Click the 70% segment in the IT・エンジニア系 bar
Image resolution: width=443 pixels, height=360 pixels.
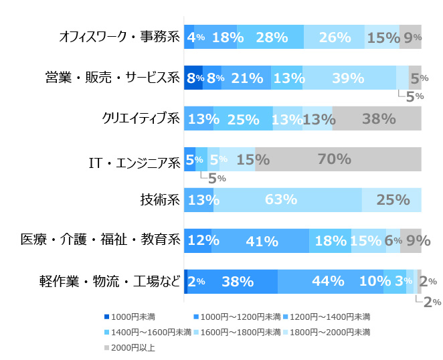tap(338, 159)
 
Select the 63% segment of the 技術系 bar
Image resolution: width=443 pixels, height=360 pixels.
tap(288, 199)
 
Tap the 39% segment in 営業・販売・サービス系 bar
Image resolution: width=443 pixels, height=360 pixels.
tap(349, 78)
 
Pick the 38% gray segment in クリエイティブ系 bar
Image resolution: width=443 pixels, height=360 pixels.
tap(377, 118)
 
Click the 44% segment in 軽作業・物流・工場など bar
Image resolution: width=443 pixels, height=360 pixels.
tap(331, 281)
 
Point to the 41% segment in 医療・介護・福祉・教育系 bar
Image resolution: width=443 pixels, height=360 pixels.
tap(260, 240)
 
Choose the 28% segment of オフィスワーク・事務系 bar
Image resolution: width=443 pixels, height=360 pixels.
tap(270, 37)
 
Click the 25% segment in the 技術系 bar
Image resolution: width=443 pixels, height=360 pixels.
tap(391, 199)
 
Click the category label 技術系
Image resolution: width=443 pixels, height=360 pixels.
tap(159, 199)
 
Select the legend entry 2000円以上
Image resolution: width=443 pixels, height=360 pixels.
tap(132, 348)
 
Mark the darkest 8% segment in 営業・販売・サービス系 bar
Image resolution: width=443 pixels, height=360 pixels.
tap(193, 78)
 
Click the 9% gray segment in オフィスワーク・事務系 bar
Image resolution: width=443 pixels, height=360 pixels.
tap(410, 37)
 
